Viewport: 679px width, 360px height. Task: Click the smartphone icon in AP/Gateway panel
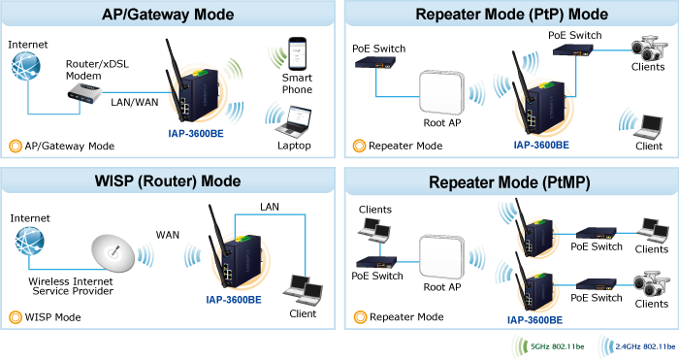coord(298,53)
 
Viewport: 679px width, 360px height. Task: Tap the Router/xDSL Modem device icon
coord(85,93)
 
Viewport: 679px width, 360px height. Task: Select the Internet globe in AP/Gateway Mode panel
coord(26,66)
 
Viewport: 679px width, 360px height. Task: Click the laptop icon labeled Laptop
coord(293,122)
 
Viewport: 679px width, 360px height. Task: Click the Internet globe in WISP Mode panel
coord(29,242)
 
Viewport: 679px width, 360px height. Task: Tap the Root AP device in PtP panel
coord(441,93)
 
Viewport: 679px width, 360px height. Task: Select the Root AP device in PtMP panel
coord(441,257)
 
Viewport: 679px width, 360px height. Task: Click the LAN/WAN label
coord(135,102)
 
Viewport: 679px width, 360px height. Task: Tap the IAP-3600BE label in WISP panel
coord(234,300)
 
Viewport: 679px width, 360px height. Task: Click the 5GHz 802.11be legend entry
coord(549,346)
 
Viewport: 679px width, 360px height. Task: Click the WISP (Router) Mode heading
coord(168,180)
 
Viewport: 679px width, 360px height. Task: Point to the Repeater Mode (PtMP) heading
coord(509,182)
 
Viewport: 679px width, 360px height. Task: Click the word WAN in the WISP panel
coord(168,235)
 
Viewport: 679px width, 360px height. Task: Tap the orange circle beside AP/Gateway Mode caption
coord(16,146)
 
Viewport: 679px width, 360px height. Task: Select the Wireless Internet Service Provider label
coord(71,286)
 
